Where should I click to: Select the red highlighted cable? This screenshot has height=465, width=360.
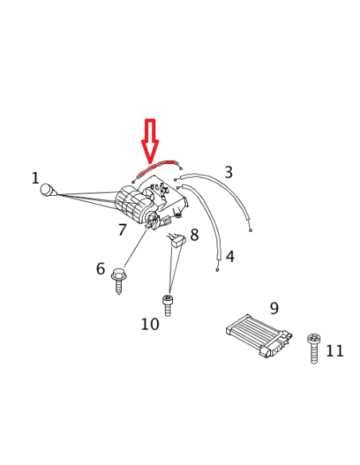point(157,164)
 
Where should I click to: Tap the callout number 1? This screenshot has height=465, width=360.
point(35,178)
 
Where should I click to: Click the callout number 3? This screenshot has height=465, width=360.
point(229,172)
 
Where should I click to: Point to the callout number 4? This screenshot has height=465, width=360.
point(230,256)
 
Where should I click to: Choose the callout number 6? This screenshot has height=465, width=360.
point(100,269)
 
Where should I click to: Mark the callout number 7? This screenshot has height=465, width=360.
point(122,230)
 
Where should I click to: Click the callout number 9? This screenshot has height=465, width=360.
point(274,307)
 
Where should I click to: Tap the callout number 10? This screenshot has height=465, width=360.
point(150,324)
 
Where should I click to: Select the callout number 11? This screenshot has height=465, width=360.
point(335,350)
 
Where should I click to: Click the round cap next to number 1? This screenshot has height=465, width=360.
point(50,190)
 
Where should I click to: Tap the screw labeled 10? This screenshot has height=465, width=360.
point(167,304)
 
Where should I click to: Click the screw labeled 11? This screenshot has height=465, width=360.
point(314,348)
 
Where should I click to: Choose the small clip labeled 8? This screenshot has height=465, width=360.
point(176,238)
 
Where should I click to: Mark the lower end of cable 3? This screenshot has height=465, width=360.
point(250,231)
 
